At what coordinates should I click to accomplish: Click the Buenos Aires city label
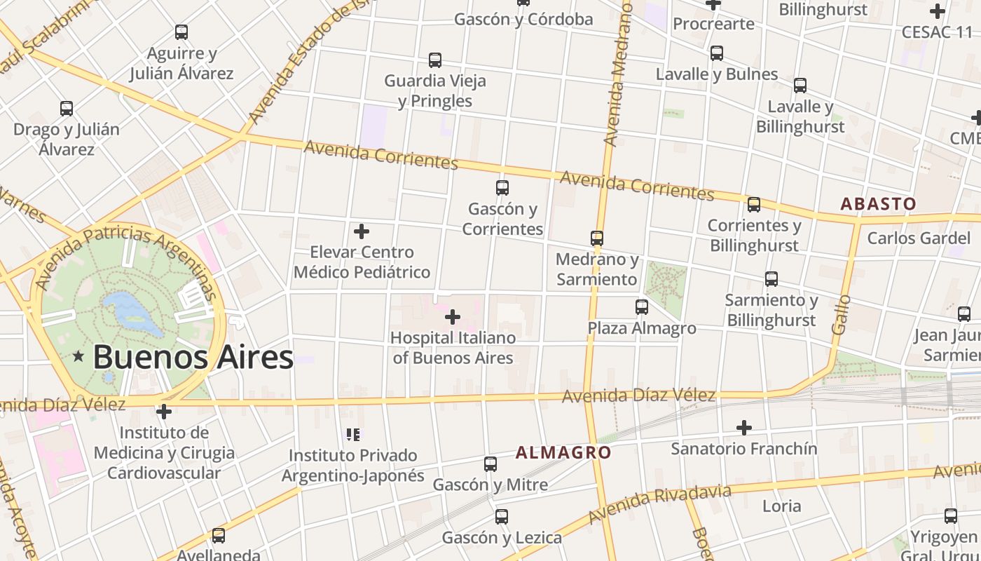pyautogui.click(x=193, y=357)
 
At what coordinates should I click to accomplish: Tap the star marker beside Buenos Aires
pyautogui.click(x=78, y=357)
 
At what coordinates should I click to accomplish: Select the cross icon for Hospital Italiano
pyautogui.click(x=453, y=317)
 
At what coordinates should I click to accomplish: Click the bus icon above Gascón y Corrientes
pyautogui.click(x=502, y=188)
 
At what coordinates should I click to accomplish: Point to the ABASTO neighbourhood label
pyautogui.click(x=878, y=204)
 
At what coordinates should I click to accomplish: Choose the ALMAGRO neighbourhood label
pyautogui.click(x=563, y=453)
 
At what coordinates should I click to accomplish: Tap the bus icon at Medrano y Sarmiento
pyautogui.click(x=596, y=238)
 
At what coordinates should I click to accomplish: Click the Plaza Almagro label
pyautogui.click(x=642, y=328)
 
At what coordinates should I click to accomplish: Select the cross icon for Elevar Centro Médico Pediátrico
pyautogui.click(x=362, y=231)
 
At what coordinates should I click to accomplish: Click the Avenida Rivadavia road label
pyautogui.click(x=659, y=503)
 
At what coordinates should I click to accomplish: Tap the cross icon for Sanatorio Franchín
pyautogui.click(x=743, y=427)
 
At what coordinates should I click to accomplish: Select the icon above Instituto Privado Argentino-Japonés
pyautogui.click(x=353, y=435)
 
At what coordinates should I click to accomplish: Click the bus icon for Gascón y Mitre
pyautogui.click(x=490, y=464)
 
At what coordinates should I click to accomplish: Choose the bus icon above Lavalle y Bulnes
pyautogui.click(x=716, y=53)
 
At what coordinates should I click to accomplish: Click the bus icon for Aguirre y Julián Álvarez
pyautogui.click(x=181, y=32)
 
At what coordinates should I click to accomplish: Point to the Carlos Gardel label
pyautogui.click(x=919, y=238)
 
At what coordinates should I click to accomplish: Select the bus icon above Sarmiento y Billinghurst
pyautogui.click(x=771, y=279)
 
